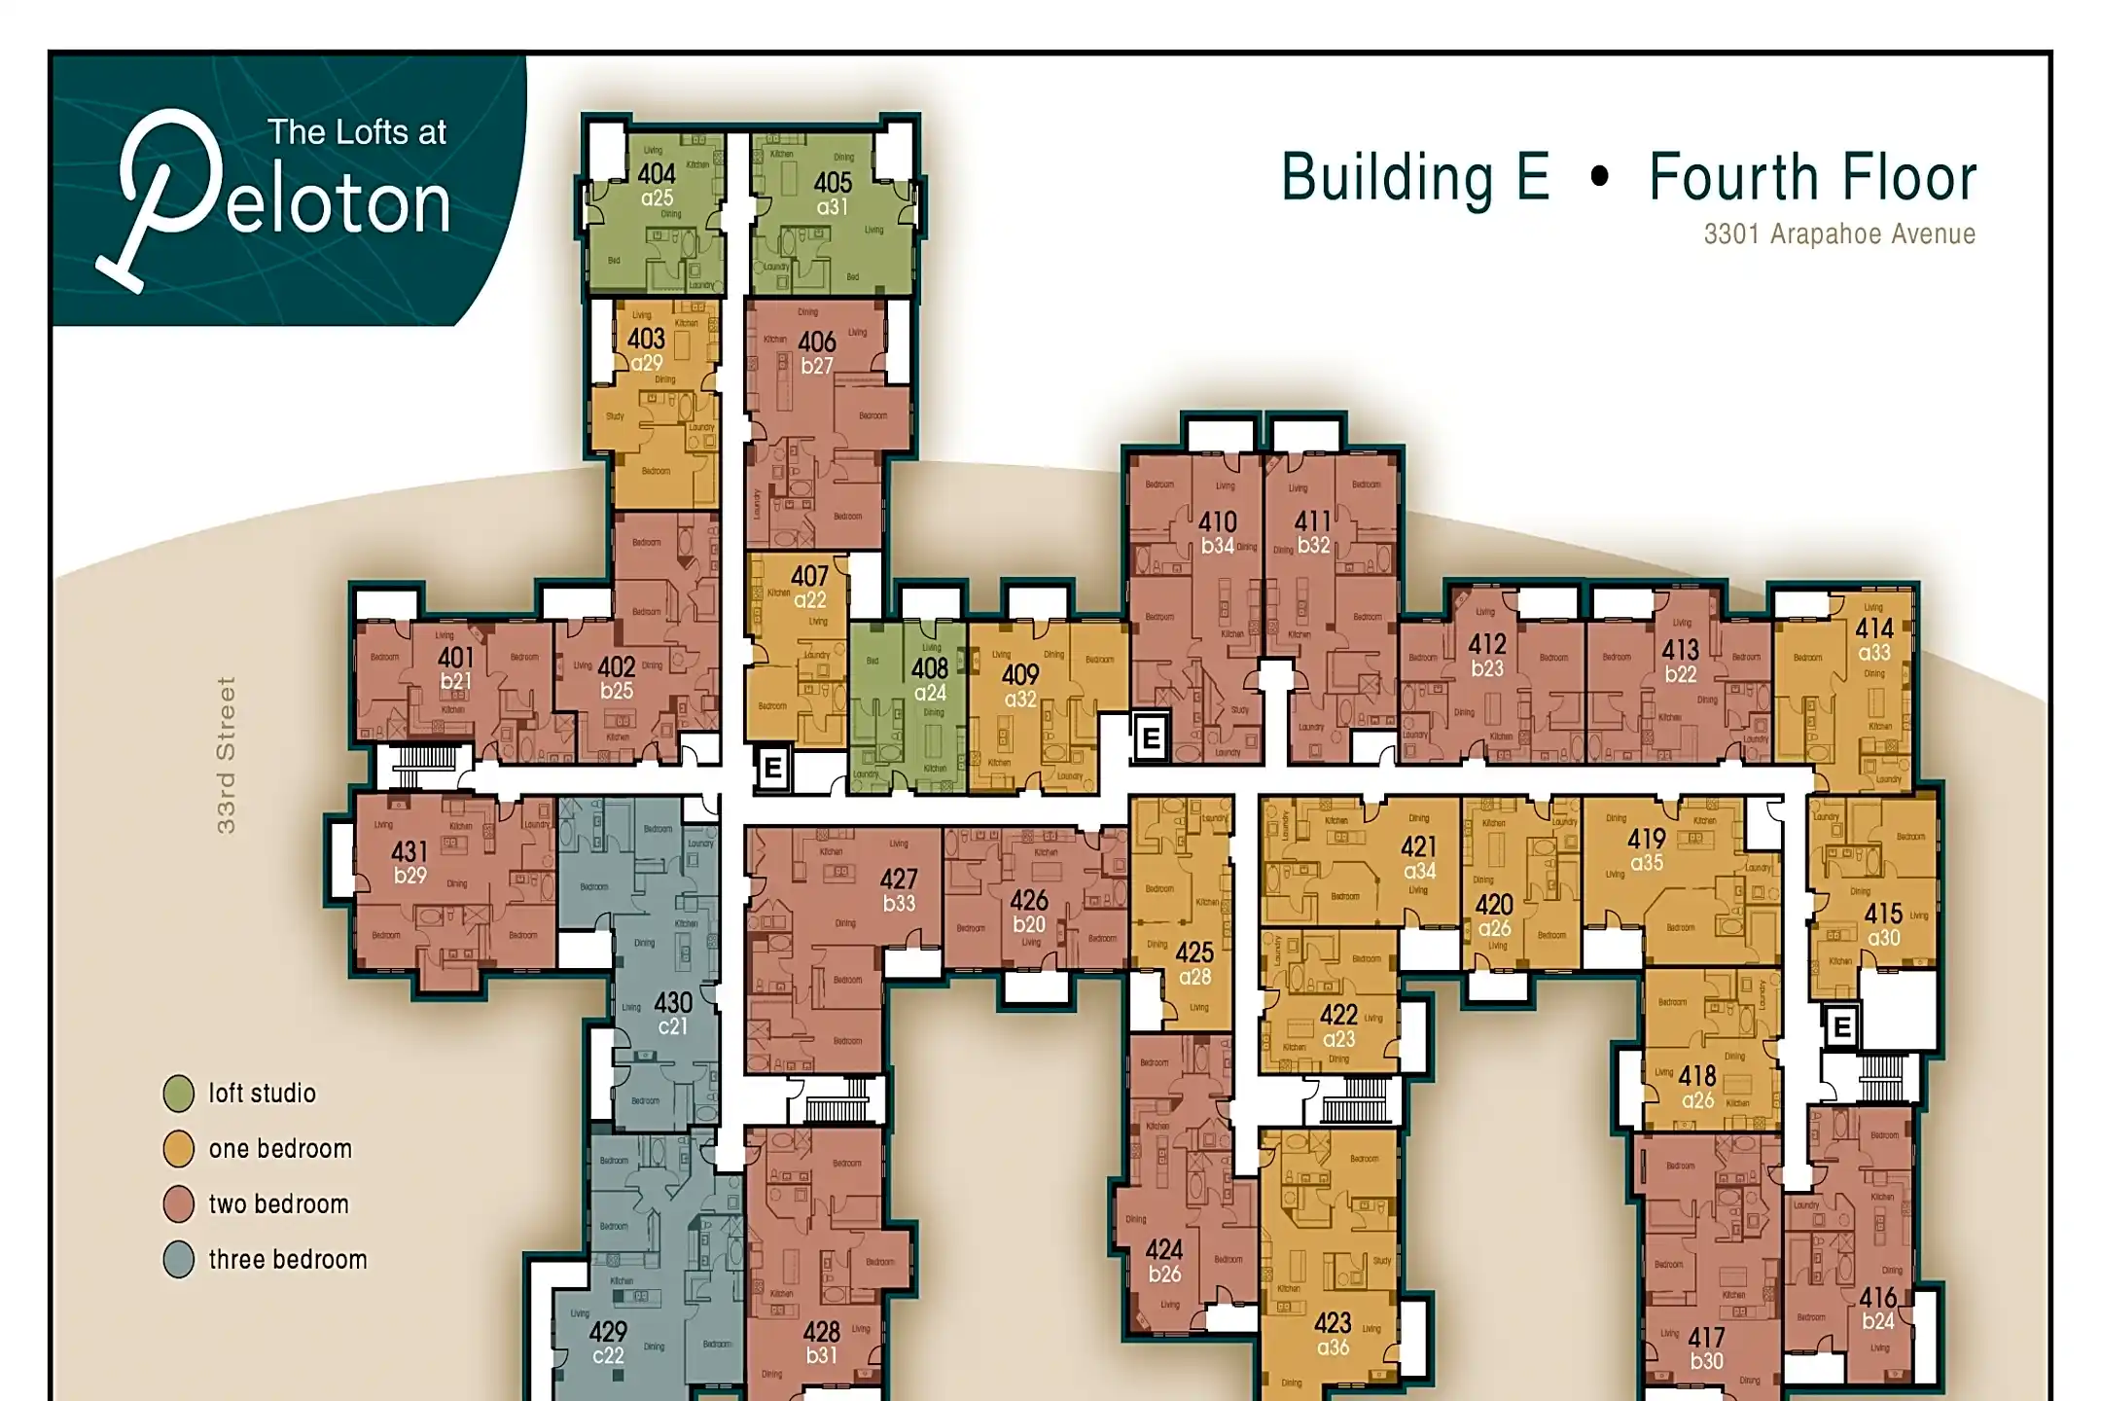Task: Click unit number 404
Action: tap(657, 174)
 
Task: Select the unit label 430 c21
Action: tap(673, 1014)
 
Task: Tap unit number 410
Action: tap(1217, 522)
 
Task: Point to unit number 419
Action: tap(1647, 839)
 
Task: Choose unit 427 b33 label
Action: tap(899, 890)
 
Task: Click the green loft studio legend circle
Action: tap(179, 1094)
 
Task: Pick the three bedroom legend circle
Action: tap(179, 1260)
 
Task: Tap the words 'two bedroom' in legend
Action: tap(278, 1204)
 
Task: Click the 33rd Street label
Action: tap(226, 756)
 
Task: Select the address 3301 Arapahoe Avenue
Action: tap(1838, 234)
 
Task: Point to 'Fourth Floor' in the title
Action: tap(1812, 178)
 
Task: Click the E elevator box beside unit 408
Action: tap(773, 769)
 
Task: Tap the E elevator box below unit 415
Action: tap(1841, 1027)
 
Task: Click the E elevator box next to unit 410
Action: tap(1151, 738)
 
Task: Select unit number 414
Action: tap(1873, 629)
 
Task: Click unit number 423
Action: tap(1333, 1323)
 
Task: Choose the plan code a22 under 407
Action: tap(809, 601)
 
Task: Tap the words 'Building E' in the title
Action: tap(1415, 178)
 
